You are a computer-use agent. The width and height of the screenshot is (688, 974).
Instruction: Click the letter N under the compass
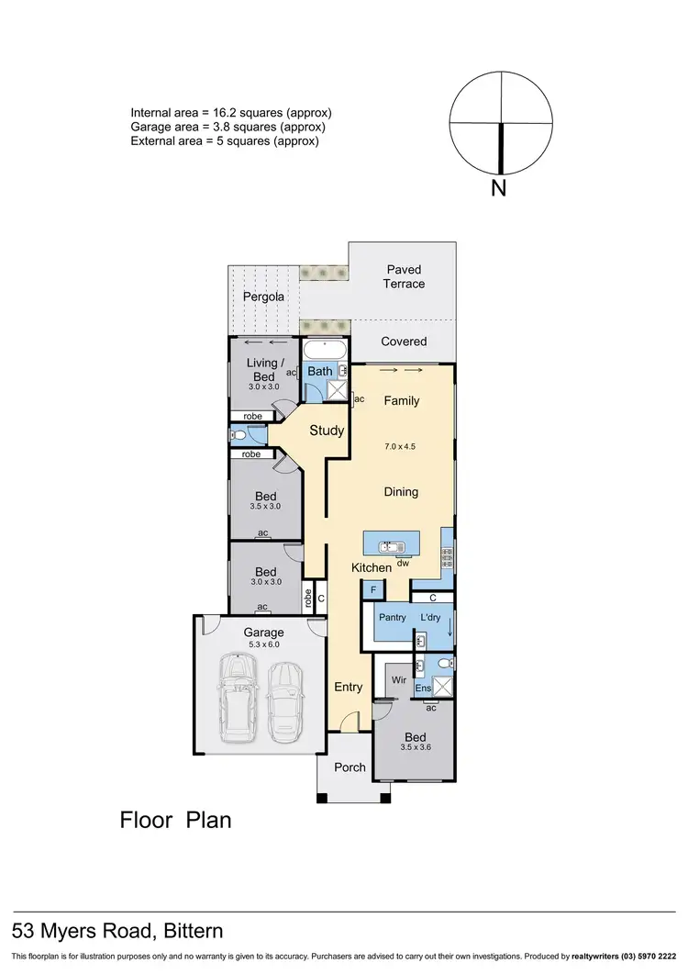[499, 190]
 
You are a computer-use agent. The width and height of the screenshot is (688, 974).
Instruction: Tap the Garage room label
[263, 633]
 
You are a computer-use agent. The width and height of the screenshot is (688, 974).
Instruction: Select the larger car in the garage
[238, 701]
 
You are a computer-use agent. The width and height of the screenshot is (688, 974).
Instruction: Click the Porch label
[350, 767]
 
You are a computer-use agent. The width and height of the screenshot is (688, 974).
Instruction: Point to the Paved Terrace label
[404, 276]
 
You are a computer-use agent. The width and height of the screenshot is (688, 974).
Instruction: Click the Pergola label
[263, 297]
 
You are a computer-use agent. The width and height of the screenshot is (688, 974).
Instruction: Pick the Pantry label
[393, 618]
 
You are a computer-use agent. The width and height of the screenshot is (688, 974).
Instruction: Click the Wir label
[399, 681]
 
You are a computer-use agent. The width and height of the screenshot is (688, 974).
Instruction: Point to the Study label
[327, 431]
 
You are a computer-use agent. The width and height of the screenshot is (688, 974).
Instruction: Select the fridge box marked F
[374, 590]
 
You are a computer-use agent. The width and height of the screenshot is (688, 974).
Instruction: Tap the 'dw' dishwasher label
[403, 562]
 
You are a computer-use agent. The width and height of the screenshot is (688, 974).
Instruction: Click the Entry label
[348, 687]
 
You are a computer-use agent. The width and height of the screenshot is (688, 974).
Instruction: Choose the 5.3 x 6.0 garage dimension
[263, 644]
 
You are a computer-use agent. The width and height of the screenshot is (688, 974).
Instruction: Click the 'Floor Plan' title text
[176, 820]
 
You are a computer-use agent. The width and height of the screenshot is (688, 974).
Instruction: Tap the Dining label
[401, 492]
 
